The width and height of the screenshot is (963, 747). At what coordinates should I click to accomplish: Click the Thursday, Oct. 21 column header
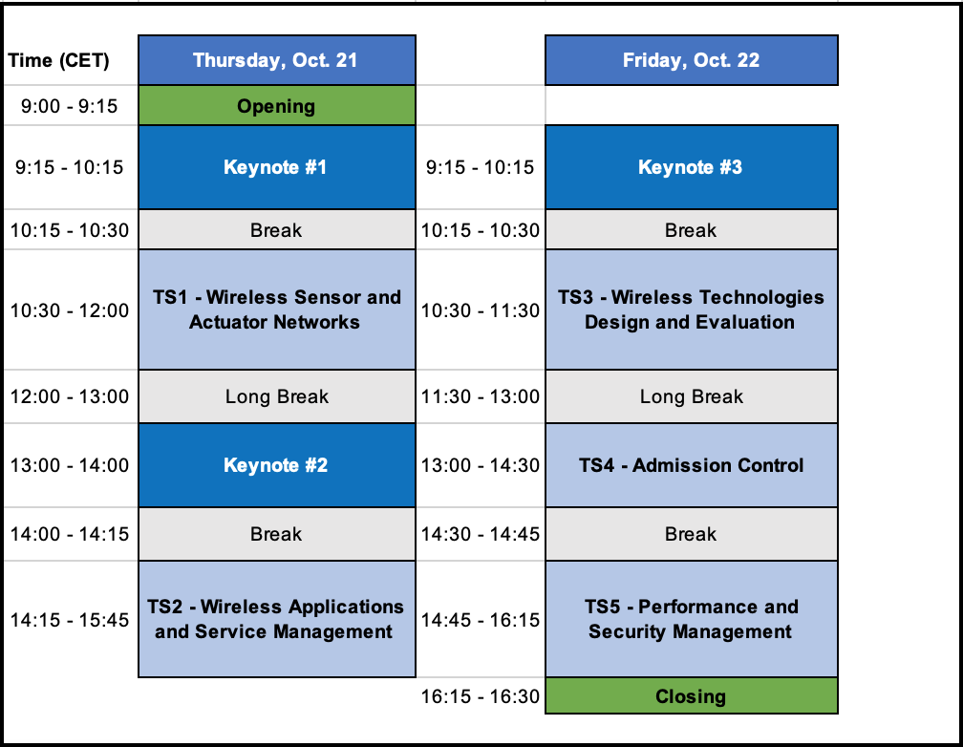(277, 60)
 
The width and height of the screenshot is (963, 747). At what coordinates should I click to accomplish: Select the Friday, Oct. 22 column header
(692, 60)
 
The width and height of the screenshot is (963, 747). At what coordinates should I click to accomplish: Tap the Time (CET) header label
(58, 61)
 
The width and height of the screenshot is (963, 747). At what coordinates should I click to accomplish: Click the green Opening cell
(277, 106)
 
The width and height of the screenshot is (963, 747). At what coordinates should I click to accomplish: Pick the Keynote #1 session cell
(277, 167)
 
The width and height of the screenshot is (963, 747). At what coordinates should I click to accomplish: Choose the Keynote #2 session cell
(277, 465)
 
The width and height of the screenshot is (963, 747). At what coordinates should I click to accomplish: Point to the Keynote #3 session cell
(692, 167)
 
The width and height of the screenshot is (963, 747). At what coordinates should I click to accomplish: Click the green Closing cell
(692, 696)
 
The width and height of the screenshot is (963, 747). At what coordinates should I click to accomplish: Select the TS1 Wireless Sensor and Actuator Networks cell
(277, 309)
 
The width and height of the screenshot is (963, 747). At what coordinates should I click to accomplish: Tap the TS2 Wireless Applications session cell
(277, 619)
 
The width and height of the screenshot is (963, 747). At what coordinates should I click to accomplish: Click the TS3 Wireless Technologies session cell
(692, 309)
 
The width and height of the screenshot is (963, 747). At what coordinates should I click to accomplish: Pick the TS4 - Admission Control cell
(692, 465)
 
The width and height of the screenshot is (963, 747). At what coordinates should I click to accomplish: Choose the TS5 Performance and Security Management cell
(692, 619)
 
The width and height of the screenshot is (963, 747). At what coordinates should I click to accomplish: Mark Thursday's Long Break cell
(277, 396)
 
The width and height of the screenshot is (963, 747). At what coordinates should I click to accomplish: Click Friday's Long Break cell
(692, 396)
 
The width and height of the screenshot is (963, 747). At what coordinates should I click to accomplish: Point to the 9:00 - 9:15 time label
(70, 106)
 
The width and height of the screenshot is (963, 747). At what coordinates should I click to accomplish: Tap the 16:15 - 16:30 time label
(481, 696)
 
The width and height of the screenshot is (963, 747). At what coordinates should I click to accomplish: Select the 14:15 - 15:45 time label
(70, 620)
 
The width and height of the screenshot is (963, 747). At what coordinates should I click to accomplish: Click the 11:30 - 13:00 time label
(481, 396)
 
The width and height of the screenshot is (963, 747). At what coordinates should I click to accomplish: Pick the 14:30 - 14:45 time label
(481, 534)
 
